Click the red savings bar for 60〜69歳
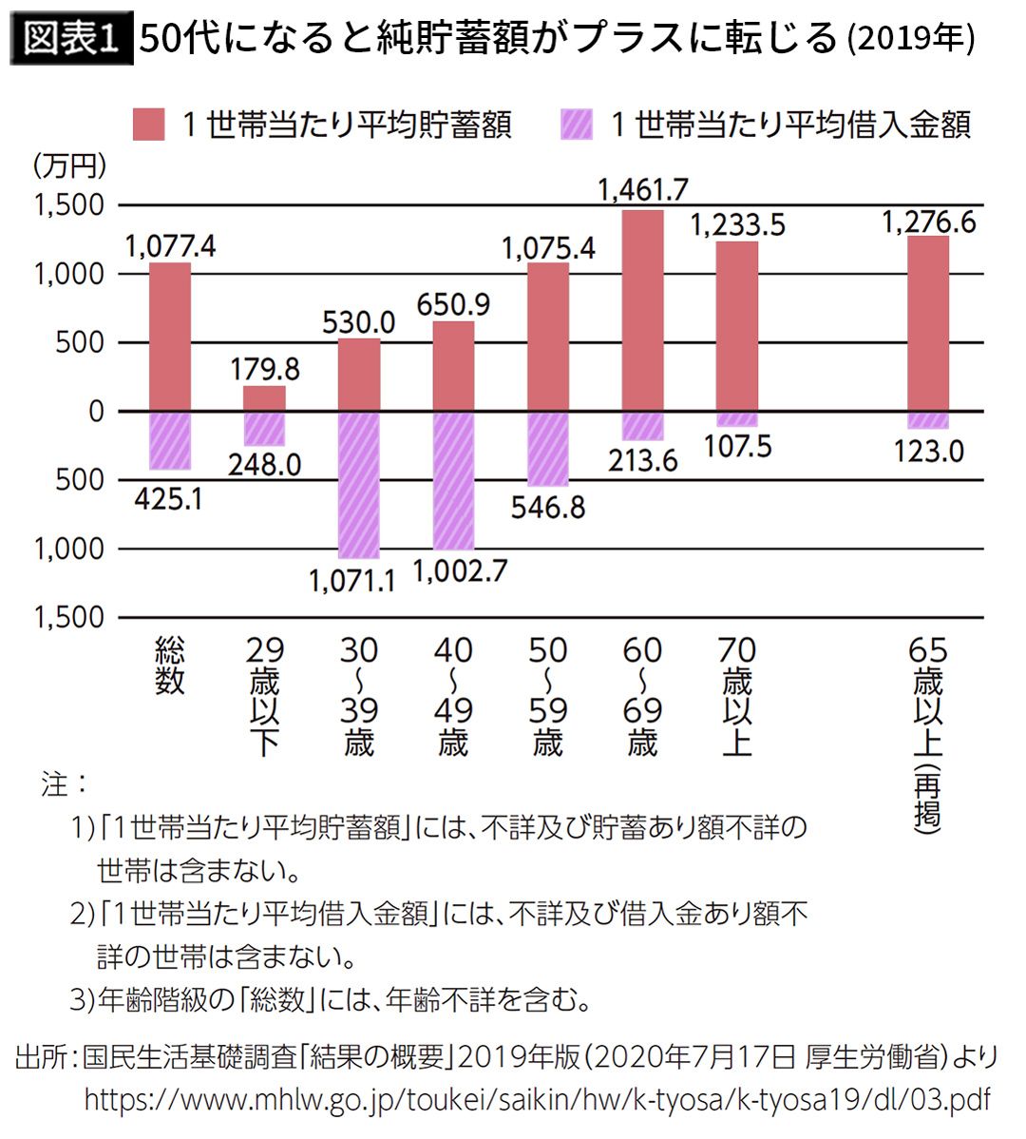point(643,311)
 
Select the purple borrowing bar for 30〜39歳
point(359,485)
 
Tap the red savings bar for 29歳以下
point(264,399)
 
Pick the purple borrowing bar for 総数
point(170,440)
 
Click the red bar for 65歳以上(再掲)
point(928,323)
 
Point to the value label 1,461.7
point(643,190)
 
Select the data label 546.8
point(548,507)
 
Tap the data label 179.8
point(265,368)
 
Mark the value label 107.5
point(737,446)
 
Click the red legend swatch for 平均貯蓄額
point(149,125)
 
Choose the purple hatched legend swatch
point(577,125)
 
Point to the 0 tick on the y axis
point(95,412)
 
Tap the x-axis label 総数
point(170,666)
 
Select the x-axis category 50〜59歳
point(548,696)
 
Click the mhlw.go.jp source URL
point(537,1100)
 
